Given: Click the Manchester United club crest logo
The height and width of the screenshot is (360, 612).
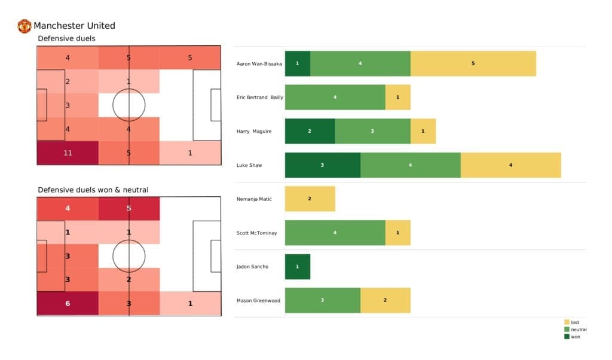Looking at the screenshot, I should [x=24, y=26].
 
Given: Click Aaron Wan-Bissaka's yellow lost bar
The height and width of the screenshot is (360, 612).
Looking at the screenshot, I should [x=473, y=63].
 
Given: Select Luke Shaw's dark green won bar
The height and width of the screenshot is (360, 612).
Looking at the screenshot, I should [x=322, y=165].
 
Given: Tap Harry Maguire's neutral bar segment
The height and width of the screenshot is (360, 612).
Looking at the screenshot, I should [x=372, y=131].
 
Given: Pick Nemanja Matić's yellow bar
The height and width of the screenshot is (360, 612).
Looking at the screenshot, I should [x=310, y=199].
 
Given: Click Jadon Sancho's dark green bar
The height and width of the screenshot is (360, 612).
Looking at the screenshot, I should [x=297, y=267].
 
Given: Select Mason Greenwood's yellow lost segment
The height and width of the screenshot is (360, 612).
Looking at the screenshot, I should [x=385, y=300].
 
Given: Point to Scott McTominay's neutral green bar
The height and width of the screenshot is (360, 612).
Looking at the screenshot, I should [x=335, y=233].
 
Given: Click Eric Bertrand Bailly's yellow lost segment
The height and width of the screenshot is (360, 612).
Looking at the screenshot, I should [x=397, y=97].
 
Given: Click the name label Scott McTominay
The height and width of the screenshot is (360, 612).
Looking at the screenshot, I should [x=256, y=233].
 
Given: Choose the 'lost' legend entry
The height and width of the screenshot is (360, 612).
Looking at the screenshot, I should [x=574, y=322].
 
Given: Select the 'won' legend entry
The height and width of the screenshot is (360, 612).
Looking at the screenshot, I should [x=574, y=336].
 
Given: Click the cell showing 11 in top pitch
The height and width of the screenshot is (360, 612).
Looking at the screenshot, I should [x=67, y=152].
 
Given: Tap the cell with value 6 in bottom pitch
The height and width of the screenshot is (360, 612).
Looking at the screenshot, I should [x=67, y=303].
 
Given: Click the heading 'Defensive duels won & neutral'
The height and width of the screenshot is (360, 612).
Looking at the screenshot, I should [x=93, y=190].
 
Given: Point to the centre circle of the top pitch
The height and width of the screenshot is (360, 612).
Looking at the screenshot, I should [x=128, y=105].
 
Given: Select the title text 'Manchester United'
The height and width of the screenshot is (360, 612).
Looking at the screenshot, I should [x=74, y=26].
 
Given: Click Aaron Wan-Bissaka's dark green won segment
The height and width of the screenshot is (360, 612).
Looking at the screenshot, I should [x=297, y=63].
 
